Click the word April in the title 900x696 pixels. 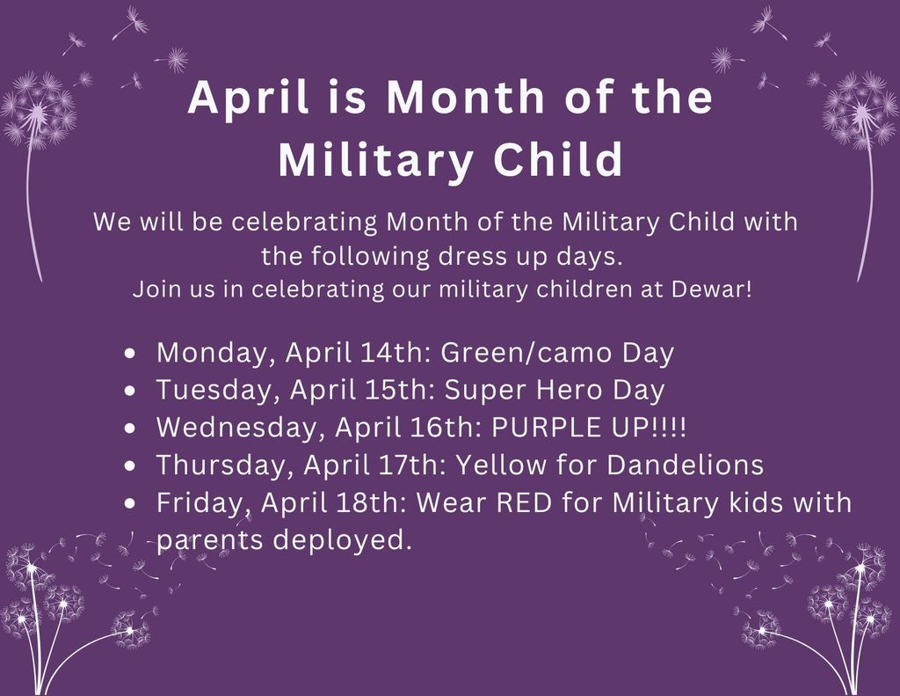pos(249,98)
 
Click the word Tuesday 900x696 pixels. pos(218,391)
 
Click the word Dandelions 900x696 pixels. pos(686,465)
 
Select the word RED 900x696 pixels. pos(524,502)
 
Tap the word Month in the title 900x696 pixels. pos(466,97)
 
